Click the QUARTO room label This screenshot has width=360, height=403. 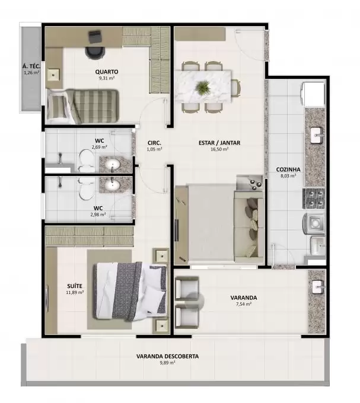(107, 72)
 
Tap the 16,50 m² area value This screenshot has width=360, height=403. (219, 149)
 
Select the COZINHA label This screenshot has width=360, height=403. (288, 169)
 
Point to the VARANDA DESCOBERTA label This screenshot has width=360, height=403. (167, 357)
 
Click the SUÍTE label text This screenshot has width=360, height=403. (75, 286)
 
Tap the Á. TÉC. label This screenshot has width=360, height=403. (31, 66)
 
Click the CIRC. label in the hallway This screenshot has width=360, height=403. (154, 143)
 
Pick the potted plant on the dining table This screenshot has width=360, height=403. (203, 87)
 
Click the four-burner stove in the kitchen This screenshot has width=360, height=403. (314, 198)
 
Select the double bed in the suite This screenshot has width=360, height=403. (130, 292)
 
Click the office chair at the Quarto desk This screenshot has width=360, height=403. (95, 52)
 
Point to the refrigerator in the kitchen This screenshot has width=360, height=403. (313, 94)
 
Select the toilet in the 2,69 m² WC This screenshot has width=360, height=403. (87, 161)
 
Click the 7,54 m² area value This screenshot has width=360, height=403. (244, 304)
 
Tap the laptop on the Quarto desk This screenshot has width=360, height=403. (95, 37)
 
